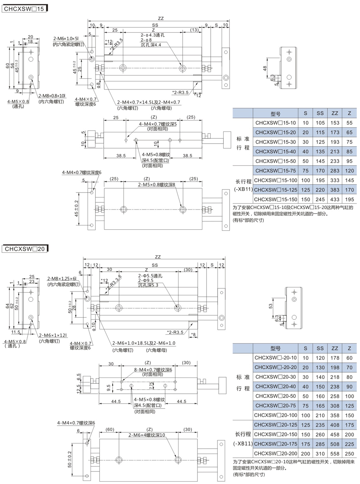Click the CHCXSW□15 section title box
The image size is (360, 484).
pos(24,9)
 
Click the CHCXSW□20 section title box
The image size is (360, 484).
pos(25,249)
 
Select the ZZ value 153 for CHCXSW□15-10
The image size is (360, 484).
pos(335,123)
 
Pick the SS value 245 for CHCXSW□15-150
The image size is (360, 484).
pos(320,199)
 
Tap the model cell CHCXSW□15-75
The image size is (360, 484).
pos(275,171)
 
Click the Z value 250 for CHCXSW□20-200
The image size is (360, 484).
pos(349,454)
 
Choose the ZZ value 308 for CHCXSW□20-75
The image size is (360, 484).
pos(335,406)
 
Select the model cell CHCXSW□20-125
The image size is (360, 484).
pos(275,424)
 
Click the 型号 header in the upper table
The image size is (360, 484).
pos(275,113)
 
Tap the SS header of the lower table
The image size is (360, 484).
pos(320,348)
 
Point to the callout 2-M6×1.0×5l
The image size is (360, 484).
pos(66,39)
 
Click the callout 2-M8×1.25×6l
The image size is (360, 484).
pos(62,279)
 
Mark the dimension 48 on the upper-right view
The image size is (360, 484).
pos(265,69)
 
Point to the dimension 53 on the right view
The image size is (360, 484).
pos(271,306)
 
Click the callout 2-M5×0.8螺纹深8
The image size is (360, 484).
pos(157,185)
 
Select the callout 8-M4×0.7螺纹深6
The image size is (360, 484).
pos(153,370)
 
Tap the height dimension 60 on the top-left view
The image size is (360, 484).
pos(8,66)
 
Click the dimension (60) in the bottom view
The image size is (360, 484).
pos(110,429)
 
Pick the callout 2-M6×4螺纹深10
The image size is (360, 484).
pos(147,435)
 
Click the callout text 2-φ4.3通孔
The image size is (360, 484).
pos(152,35)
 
